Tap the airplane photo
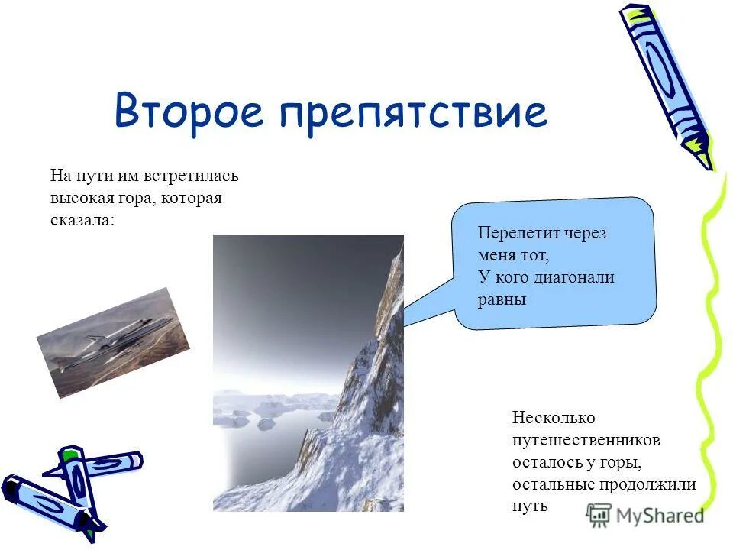point(113,342)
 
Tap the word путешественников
point(586,440)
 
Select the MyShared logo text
point(660,515)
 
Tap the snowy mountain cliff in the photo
point(366,397)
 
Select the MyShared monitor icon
point(599,515)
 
